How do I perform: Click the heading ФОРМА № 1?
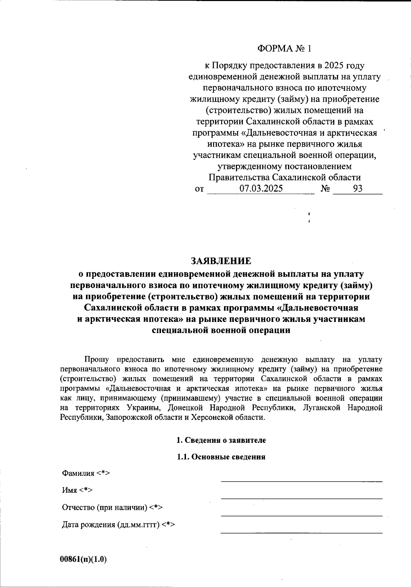pyautogui.click(x=285, y=49)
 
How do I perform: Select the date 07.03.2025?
pyautogui.click(x=261, y=189)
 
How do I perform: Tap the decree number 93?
pyautogui.click(x=358, y=189)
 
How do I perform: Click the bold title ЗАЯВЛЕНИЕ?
pyautogui.click(x=221, y=261)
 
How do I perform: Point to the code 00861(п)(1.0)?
pyautogui.click(x=84, y=559)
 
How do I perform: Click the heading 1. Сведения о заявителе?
pyautogui.click(x=221, y=440)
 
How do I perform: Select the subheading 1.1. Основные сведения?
pyautogui.click(x=221, y=457)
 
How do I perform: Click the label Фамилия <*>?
pyautogui.click(x=86, y=473)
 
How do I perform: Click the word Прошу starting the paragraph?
pyautogui.click(x=97, y=360)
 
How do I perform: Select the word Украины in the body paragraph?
pyautogui.click(x=142, y=408)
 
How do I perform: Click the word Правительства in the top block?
pyautogui.click(x=239, y=177)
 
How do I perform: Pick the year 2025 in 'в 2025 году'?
pyautogui.click(x=334, y=65)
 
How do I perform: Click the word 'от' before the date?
pyautogui.click(x=199, y=189)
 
